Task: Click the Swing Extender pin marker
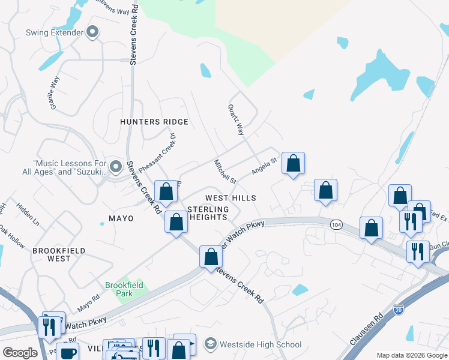click(x=92, y=32)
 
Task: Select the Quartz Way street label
click(x=236, y=120)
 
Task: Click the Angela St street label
click(x=264, y=166)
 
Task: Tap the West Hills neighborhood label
click(x=231, y=198)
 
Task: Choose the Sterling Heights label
click(x=208, y=213)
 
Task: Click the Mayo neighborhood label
click(x=121, y=218)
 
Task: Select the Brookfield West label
click(x=59, y=254)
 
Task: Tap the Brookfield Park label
click(x=124, y=289)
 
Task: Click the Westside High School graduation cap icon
click(x=210, y=344)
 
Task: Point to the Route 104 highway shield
click(x=336, y=223)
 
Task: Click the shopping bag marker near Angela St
click(x=293, y=163)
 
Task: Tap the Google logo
click(x=20, y=353)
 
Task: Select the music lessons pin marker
click(x=116, y=166)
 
